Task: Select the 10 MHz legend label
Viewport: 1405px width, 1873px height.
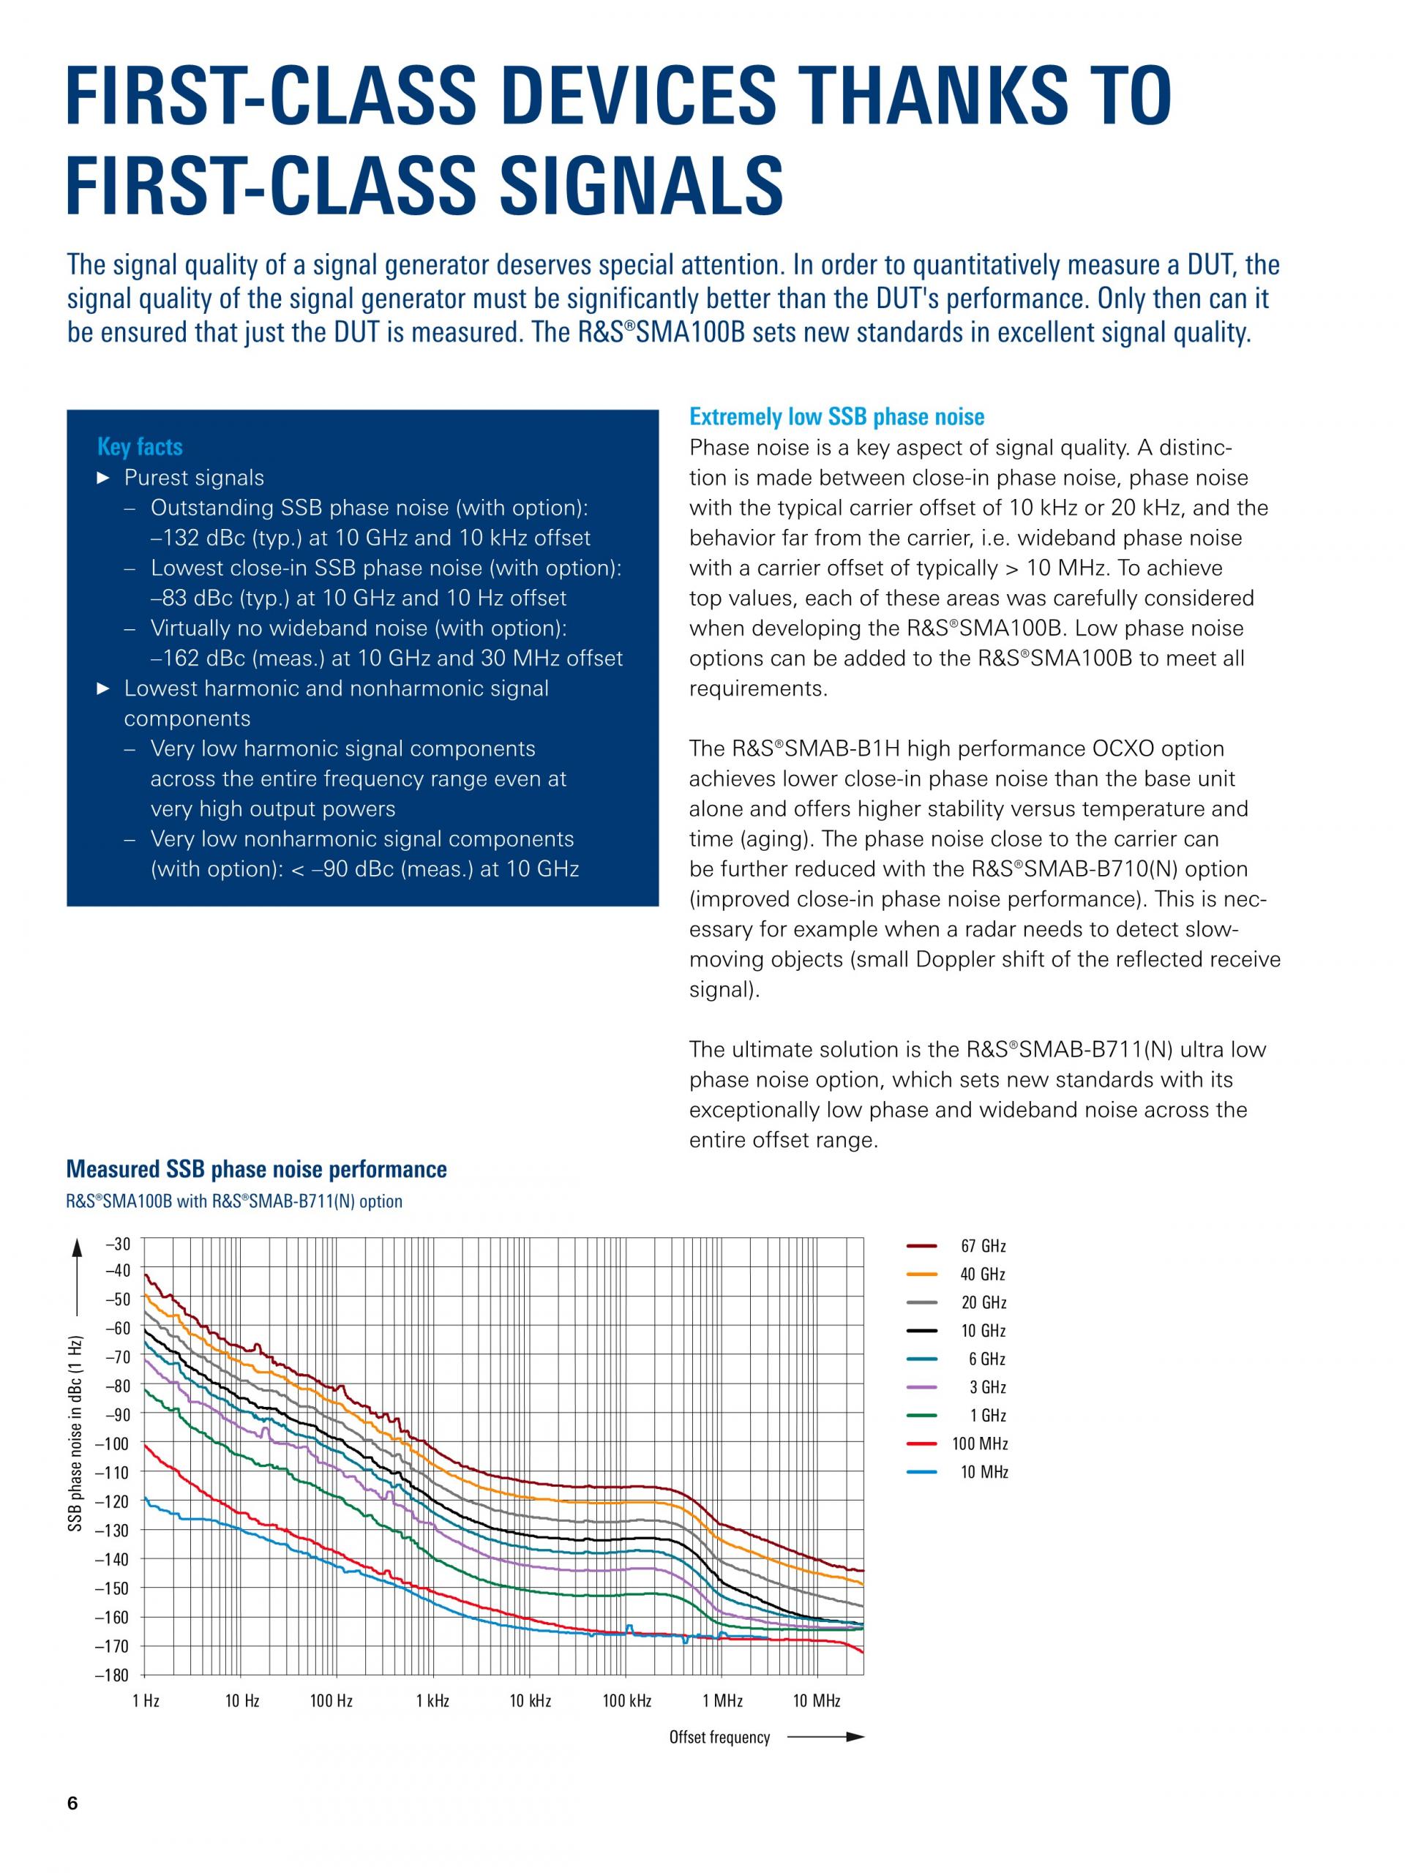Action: coord(984,1473)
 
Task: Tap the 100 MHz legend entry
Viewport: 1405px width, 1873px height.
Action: coord(957,1444)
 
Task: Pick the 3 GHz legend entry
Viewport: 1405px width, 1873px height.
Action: coord(956,1387)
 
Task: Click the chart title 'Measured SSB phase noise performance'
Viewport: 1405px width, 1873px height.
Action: coord(257,1169)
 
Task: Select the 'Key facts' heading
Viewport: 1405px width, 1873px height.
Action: coord(140,447)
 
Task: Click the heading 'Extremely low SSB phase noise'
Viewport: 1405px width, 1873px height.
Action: coord(836,416)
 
